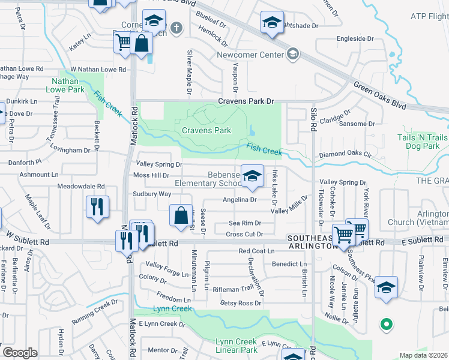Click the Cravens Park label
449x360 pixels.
(206, 130)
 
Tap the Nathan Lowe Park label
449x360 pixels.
(68, 85)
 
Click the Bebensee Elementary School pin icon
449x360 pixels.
(253, 175)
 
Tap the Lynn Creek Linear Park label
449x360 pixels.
(236, 346)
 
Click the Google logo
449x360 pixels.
(20, 353)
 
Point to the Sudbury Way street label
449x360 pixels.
(152, 194)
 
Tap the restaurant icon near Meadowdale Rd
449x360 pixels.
(97, 207)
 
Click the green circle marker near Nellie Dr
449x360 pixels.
(387, 325)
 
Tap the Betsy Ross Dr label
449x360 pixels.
(238, 303)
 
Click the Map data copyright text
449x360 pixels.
(424, 355)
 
